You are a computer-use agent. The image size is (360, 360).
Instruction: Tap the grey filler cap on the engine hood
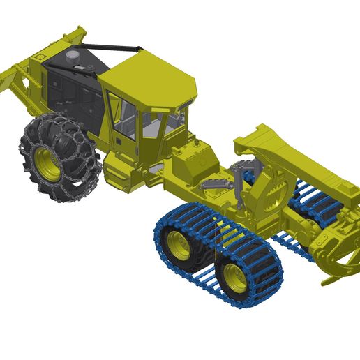pos(73,56)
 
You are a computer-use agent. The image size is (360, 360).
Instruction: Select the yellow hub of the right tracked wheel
pos(235,278)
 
